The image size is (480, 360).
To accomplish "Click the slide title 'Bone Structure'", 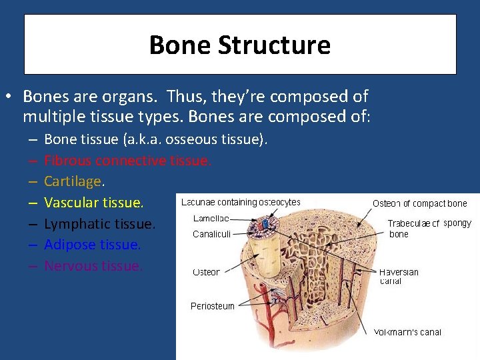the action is pos(240,45).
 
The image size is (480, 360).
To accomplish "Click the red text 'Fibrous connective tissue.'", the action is pos(128,161).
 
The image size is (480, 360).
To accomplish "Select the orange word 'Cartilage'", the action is pos(73,181).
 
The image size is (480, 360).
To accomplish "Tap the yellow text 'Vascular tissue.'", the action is pos(93,203).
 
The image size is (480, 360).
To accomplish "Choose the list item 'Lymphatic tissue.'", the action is pos(99,224).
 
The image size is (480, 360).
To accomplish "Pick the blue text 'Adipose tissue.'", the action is pos(93,245).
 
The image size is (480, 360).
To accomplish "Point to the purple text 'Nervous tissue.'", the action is pos(93,266).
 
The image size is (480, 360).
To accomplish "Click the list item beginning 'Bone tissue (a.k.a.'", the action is pos(155,139).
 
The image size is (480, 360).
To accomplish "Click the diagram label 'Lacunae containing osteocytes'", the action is pos(241,202).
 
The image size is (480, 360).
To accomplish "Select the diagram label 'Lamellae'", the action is pos(211,219).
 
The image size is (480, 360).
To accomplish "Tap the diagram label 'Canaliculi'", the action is pos(211,234).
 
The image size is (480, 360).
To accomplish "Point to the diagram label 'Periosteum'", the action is pos(213,306).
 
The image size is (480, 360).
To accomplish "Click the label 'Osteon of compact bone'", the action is pos(419,203).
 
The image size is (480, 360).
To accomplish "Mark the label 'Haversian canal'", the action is pos(399,276).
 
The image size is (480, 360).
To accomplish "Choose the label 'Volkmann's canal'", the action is pos(407,332).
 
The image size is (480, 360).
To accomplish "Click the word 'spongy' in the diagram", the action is pos(457,223).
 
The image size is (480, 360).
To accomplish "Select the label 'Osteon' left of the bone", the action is pos(206,272).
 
